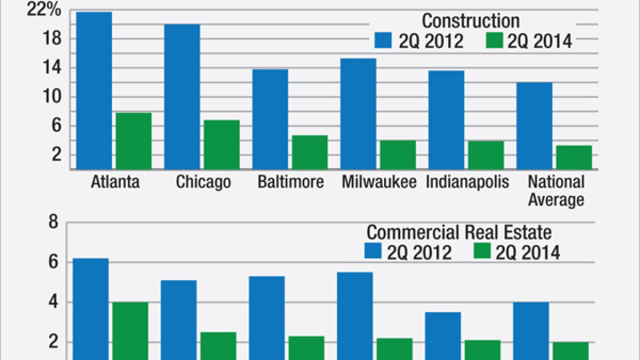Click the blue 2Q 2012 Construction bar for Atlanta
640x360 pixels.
(x=94, y=90)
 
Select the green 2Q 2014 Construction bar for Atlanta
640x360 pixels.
(x=133, y=141)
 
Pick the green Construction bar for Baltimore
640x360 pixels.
(x=310, y=152)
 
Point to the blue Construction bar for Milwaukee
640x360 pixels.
(x=358, y=113)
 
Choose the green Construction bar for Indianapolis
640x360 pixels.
(x=486, y=155)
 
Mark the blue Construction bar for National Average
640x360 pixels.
(x=534, y=125)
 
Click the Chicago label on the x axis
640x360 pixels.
(x=203, y=182)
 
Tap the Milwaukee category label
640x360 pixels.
(x=379, y=182)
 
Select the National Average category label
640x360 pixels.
(x=556, y=190)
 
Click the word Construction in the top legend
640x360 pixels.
(x=470, y=21)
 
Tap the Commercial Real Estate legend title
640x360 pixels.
(x=459, y=232)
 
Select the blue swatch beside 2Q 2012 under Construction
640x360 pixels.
(x=384, y=41)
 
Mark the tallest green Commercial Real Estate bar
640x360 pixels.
(x=130, y=330)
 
